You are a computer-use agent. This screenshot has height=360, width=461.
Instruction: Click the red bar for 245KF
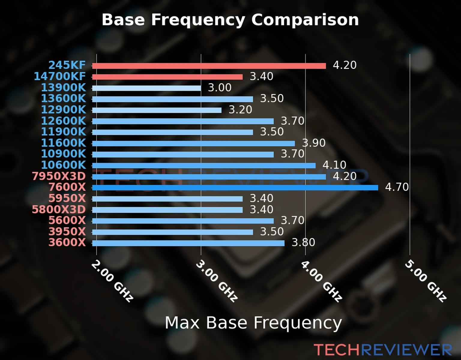pyautogui.click(x=209, y=66)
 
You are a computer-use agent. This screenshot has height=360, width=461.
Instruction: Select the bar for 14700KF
pyautogui.click(x=167, y=77)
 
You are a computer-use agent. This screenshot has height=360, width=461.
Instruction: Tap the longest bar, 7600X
pyautogui.click(x=235, y=188)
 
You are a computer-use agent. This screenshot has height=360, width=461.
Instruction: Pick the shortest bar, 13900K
pyautogui.click(x=146, y=88)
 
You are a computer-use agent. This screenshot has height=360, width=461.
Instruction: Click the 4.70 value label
pyautogui.click(x=397, y=187)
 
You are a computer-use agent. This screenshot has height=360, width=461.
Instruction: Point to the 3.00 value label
pyautogui.click(x=220, y=88)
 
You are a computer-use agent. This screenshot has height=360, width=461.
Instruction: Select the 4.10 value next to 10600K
pyautogui.click(x=334, y=165)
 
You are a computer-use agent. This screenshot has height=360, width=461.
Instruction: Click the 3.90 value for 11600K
pyautogui.click(x=314, y=143)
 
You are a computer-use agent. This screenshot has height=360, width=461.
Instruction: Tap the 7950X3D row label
pyautogui.click(x=59, y=176)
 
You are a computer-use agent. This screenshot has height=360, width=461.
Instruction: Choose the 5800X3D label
pyautogui.click(x=59, y=209)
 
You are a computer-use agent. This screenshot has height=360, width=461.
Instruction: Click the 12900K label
pyautogui.click(x=63, y=110)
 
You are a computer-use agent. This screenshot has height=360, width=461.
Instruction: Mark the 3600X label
pyautogui.click(x=67, y=242)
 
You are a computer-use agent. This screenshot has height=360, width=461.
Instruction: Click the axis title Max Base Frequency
pyautogui.click(x=253, y=323)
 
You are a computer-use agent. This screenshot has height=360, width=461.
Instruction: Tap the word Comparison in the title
pyautogui.click(x=305, y=20)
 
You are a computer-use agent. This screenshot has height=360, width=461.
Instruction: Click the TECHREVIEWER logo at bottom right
pyautogui.click(x=383, y=350)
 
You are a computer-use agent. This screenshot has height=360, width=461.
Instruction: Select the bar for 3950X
pyautogui.click(x=172, y=232)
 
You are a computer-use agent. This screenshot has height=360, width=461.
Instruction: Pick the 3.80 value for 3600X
pyautogui.click(x=303, y=242)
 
